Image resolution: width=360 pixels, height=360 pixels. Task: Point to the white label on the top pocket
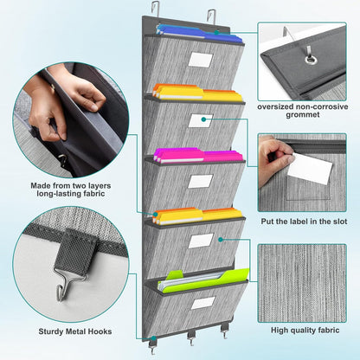(201, 61)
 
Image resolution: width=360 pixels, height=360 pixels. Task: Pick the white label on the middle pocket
(200, 182)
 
